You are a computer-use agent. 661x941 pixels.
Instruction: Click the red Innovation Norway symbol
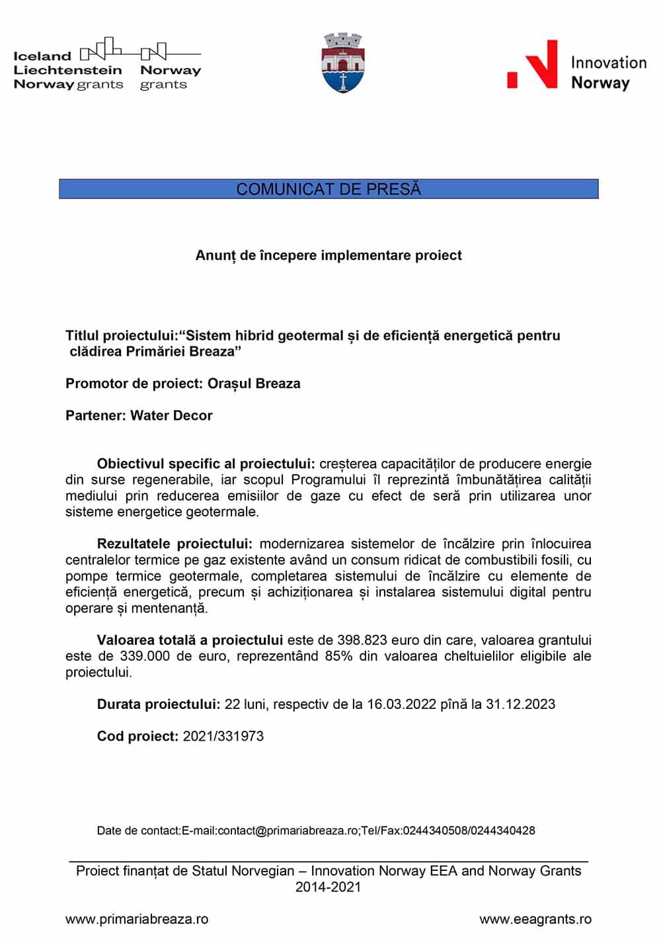click(532, 65)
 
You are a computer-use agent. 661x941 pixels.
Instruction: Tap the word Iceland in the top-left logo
click(42, 56)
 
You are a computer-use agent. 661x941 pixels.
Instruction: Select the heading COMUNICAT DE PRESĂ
click(329, 189)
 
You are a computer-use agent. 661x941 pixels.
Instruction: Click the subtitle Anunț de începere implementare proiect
click(329, 255)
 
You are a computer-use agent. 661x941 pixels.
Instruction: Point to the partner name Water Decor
click(172, 416)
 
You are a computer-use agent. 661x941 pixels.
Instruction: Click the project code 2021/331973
click(223, 736)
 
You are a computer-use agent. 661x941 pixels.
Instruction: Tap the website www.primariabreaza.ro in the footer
click(137, 919)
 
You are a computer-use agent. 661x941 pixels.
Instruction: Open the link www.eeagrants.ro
click(535, 919)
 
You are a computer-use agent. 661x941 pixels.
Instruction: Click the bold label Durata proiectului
click(159, 704)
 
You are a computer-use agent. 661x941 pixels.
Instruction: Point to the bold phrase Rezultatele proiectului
click(175, 544)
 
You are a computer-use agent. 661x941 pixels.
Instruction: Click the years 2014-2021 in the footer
click(329, 887)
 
